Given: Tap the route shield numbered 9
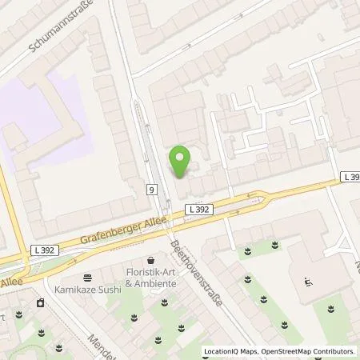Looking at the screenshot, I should (x=151, y=190).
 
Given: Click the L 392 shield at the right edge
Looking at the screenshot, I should (x=350, y=177).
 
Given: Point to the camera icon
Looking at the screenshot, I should (x=39, y=302).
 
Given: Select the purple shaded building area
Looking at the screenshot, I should (x=36, y=120).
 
